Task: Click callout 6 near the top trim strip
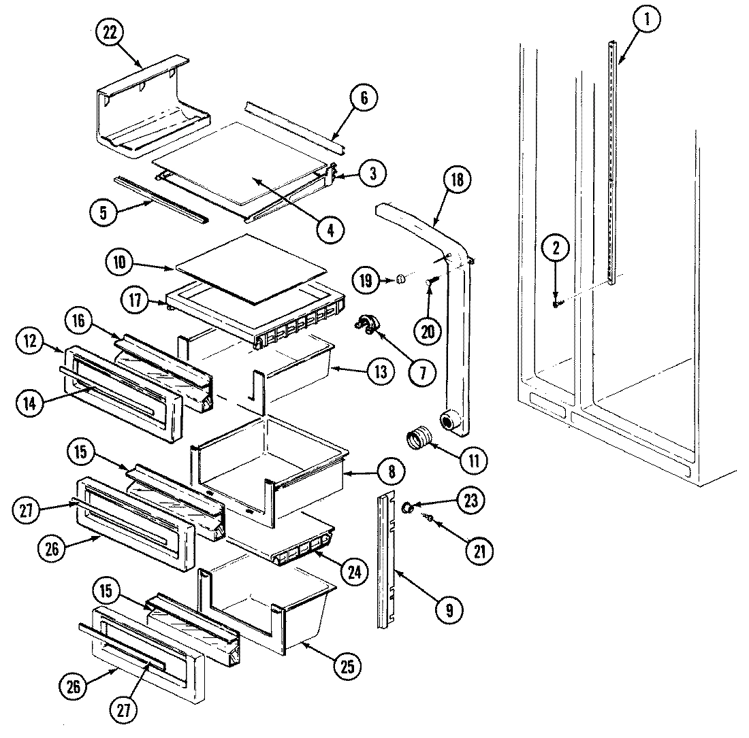pyautogui.click(x=364, y=98)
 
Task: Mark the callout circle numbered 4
pyautogui.click(x=330, y=230)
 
